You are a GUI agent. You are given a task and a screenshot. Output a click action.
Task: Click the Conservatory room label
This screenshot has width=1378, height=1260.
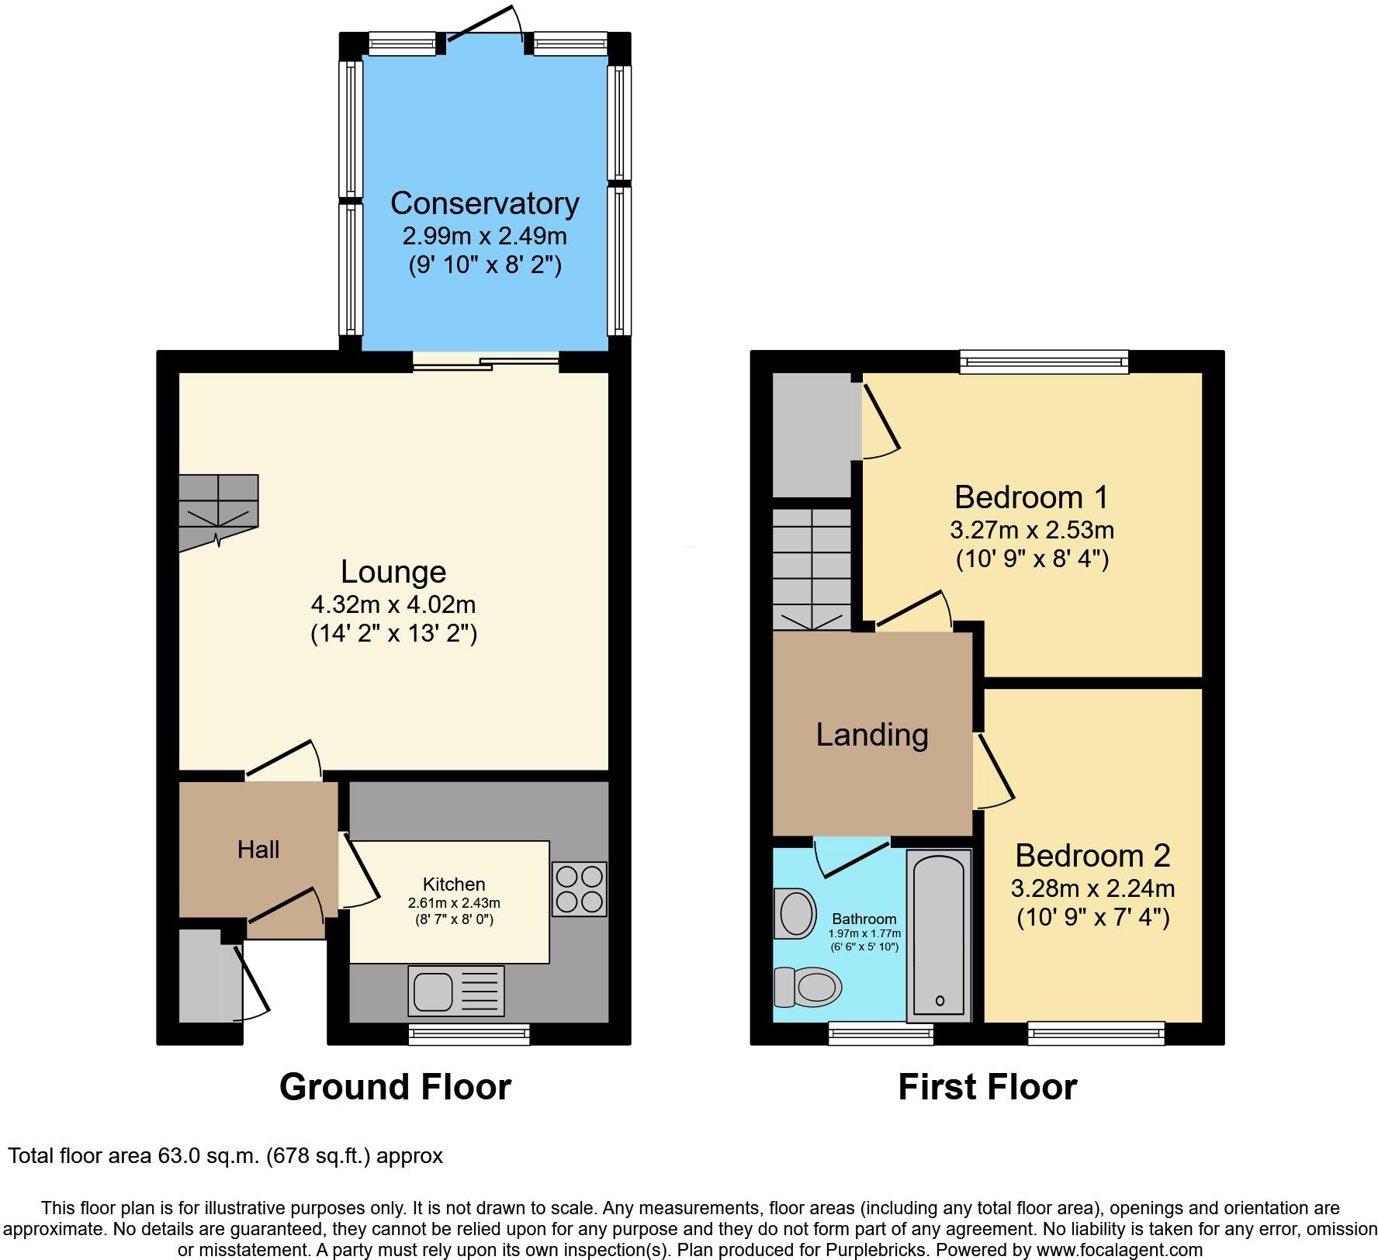484,203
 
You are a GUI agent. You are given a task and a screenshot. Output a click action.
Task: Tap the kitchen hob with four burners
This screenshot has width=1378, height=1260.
579,889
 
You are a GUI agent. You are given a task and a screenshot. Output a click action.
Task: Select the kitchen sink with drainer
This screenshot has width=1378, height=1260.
456,991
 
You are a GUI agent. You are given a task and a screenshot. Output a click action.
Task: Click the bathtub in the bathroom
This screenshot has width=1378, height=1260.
939,934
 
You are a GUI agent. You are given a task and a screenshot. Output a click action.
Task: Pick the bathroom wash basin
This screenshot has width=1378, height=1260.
795,912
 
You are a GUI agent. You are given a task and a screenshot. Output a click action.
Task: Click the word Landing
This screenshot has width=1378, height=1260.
872,734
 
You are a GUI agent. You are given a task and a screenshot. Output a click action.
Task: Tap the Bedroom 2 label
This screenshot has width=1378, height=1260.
1092,855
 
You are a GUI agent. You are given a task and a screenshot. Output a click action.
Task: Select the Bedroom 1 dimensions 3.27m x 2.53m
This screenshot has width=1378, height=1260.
1031,530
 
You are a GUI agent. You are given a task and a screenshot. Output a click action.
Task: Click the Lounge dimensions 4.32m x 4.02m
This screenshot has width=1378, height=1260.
393,603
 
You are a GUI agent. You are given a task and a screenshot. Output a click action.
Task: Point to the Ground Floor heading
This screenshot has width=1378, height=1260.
395,1087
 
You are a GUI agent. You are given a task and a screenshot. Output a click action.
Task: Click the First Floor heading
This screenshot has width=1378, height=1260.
987,1087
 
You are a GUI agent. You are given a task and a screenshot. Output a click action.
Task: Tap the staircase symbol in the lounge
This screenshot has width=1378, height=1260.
217,511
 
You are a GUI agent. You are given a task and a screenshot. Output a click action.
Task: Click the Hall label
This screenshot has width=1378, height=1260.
258,850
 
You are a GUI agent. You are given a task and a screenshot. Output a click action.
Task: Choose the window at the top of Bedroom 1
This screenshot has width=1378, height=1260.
1044,361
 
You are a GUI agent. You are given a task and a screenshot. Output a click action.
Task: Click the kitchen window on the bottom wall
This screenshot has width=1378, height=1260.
469,1034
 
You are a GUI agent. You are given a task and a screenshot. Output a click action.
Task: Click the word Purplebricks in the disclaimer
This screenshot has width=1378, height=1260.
882,1250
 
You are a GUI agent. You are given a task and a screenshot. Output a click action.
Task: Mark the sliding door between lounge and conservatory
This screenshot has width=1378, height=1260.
486,362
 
